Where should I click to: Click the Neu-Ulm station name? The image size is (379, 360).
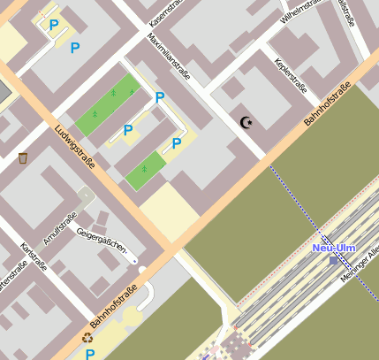334,248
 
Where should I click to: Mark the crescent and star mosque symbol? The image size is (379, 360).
246,123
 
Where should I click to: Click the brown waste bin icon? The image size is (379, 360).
23,158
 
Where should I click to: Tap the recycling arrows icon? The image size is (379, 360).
87,337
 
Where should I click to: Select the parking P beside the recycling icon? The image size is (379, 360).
90,354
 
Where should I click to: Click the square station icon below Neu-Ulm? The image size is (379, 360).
333,261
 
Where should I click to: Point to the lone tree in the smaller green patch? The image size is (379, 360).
144,168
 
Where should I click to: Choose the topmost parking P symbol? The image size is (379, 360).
53,26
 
